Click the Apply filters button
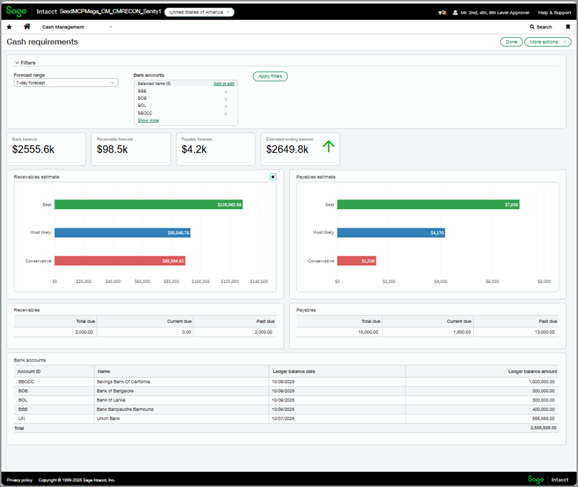pos(270,76)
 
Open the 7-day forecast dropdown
pos(66,83)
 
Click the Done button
pos(511,42)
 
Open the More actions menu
pos(547,42)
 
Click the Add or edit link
pos(224,84)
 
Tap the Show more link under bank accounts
pos(148,121)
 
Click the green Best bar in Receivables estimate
pos(148,205)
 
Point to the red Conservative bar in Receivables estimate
pos(119,261)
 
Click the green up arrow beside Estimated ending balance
pos(329,147)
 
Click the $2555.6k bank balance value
pos(33,149)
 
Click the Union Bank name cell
pos(108,417)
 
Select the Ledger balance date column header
pos(293,371)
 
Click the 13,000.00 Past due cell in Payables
pos(543,333)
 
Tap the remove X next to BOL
pos(225,106)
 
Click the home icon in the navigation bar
pos(27,27)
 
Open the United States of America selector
pos(199,12)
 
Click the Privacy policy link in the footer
pos(19,480)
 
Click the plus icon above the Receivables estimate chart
pos(273,177)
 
